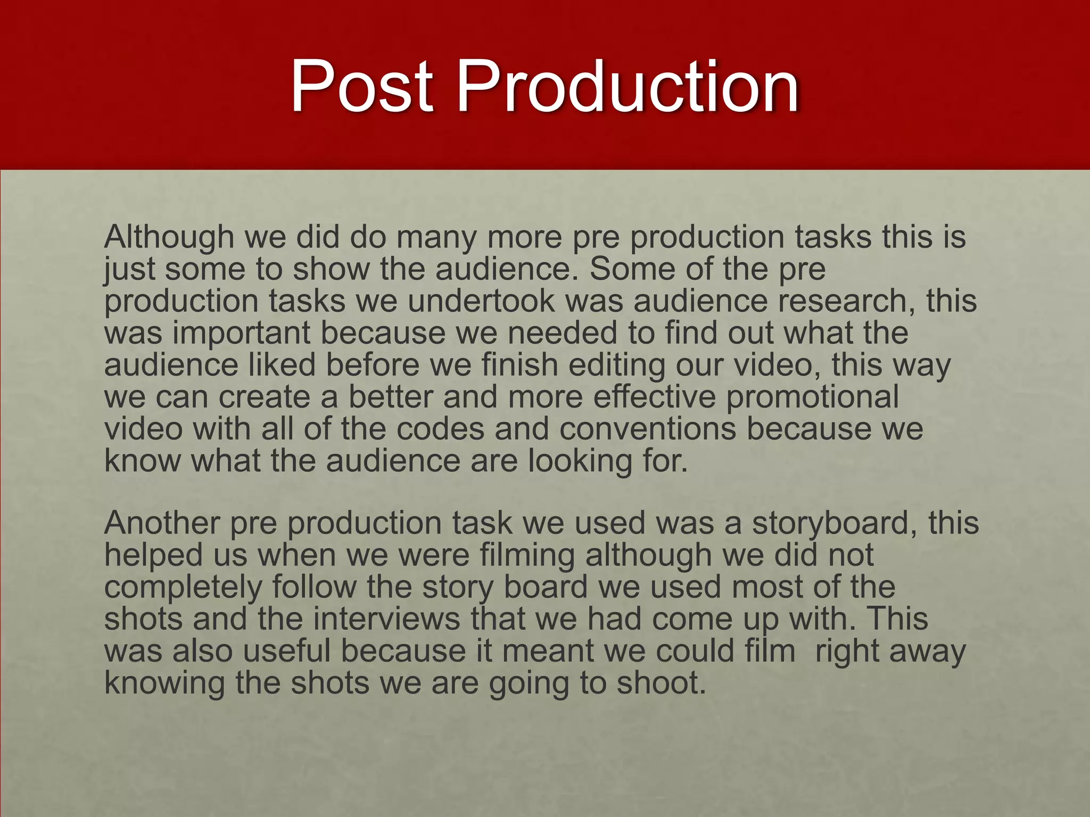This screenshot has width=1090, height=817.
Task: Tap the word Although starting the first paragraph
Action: point(169,237)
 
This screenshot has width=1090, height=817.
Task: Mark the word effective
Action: point(654,397)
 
